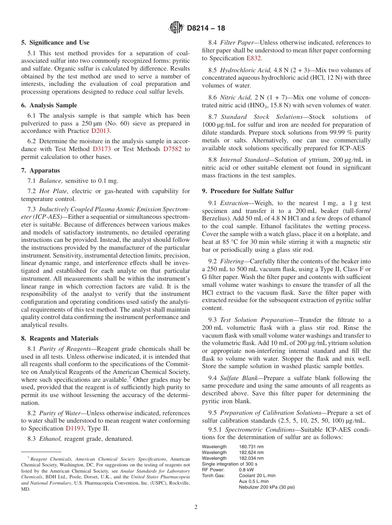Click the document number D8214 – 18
(206, 28)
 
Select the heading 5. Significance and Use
(55, 43)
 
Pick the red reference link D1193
(74, 428)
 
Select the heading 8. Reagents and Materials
(60, 338)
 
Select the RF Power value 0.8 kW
(246, 470)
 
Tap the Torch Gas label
(213, 475)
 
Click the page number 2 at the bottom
(196, 507)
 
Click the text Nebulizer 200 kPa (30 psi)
(267, 487)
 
